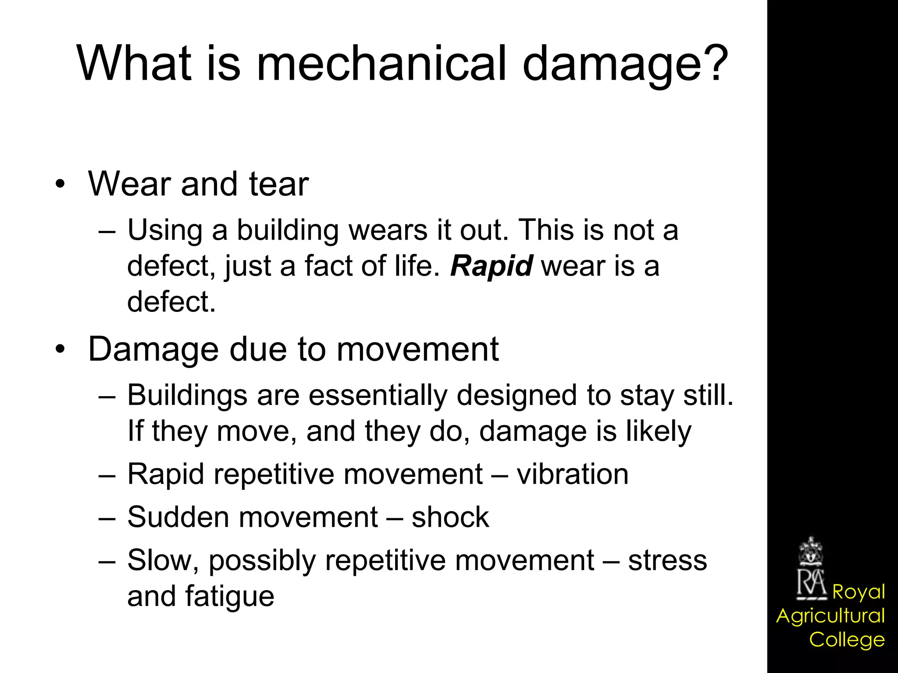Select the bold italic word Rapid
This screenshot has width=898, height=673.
492,266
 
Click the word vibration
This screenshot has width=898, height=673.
572,474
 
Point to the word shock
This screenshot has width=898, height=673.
450,517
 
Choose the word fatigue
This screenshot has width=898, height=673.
230,597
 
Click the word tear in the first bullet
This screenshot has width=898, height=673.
279,184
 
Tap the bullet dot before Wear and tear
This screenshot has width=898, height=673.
60,184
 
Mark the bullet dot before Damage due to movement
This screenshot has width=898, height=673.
60,349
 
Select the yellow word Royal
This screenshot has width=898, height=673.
859,592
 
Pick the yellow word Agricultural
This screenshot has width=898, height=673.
830,616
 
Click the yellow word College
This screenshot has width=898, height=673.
847,640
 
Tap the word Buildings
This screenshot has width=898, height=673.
187,396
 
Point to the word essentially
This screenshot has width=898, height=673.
379,396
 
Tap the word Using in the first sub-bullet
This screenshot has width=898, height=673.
165,230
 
